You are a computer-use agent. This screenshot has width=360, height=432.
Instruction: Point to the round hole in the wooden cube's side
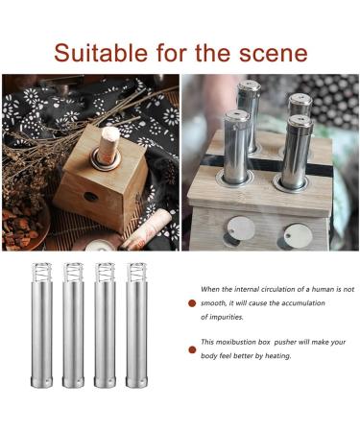pos(89,197)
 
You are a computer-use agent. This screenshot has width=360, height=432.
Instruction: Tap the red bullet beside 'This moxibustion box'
pos(192,343)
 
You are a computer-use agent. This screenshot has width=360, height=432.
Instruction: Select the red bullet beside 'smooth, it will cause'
pos(192,302)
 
